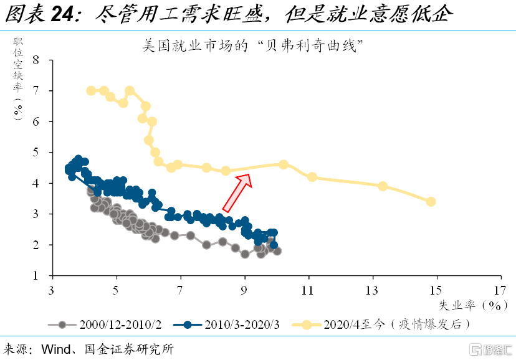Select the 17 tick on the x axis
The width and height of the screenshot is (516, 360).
499,290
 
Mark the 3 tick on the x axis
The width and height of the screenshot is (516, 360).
52,290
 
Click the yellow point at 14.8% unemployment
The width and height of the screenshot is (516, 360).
431,201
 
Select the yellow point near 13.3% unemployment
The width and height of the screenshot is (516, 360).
383,186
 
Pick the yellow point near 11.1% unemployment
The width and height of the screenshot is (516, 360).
312,177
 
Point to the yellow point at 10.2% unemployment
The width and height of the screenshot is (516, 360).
284,164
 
